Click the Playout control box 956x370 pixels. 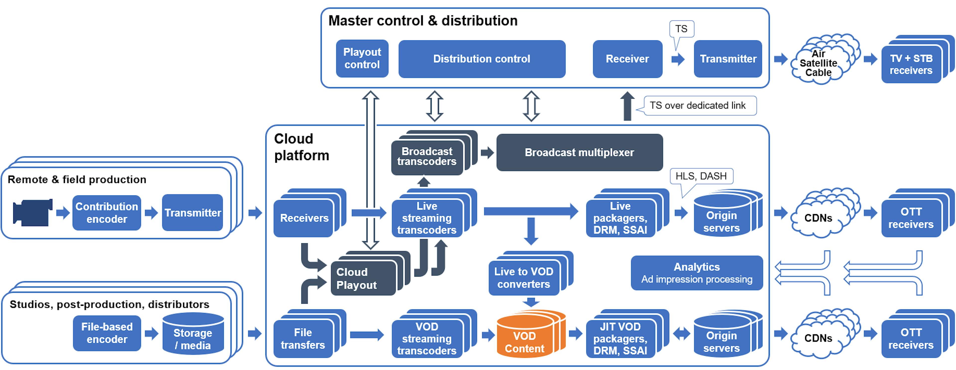click(362, 59)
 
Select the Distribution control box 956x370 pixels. click(482, 59)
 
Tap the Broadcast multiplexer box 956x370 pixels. click(579, 152)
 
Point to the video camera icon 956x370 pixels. click(32, 212)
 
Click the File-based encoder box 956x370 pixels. click(107, 333)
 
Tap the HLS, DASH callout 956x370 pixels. click(701, 176)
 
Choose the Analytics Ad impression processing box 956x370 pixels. click(697, 273)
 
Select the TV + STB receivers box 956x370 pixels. click(911, 64)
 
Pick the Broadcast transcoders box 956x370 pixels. click(427, 156)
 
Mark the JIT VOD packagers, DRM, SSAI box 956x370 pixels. click(620, 338)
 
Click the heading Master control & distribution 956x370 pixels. click(423, 21)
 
